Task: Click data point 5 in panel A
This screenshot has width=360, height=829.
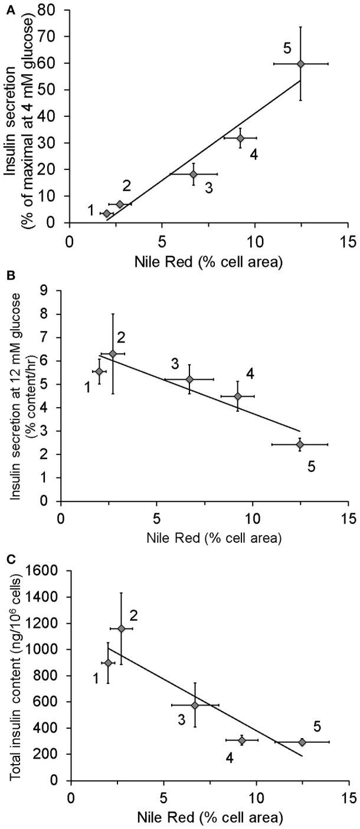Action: pos(300,64)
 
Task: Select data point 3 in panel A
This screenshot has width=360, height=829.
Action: pos(193,174)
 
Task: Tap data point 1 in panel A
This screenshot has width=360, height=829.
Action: pos(106,214)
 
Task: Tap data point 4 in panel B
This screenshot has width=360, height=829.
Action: pos(238,396)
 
